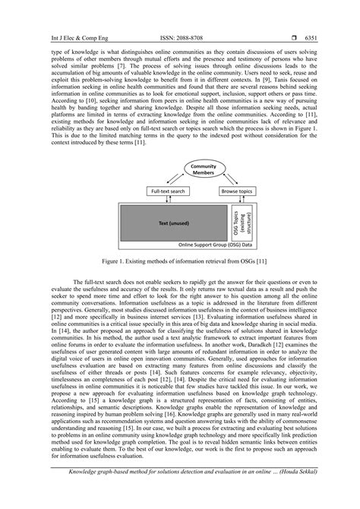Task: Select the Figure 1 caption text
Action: click(179, 263)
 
